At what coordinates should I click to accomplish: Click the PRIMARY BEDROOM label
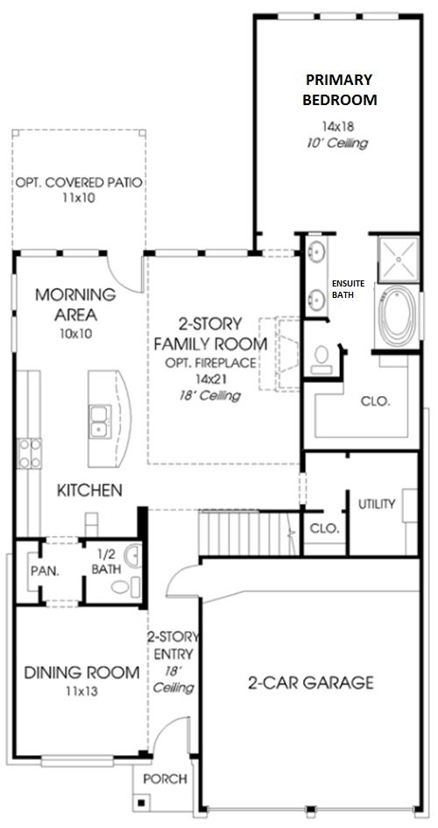[340, 89]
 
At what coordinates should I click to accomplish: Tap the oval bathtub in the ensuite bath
[398, 316]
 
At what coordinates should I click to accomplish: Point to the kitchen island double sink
[100, 421]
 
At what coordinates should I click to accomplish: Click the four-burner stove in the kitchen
[30, 454]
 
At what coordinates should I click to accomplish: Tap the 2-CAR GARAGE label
[311, 683]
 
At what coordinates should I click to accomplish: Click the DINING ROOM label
[82, 673]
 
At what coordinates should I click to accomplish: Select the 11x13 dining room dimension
[82, 690]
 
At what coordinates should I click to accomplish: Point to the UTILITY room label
[377, 504]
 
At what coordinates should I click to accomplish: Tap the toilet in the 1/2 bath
[121, 587]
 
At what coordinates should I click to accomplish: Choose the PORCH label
[166, 778]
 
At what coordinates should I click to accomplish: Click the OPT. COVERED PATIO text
[79, 183]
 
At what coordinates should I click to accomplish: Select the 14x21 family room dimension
[209, 379]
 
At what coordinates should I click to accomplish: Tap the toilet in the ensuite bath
[320, 361]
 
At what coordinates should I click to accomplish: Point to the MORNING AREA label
[76, 305]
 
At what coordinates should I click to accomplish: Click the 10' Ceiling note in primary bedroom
[336, 143]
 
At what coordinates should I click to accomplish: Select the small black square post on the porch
[141, 803]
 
